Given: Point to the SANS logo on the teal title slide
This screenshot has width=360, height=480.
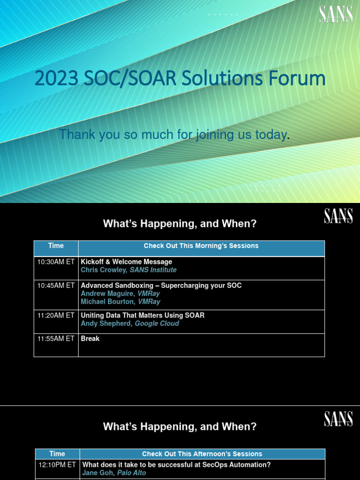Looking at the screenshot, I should coord(336,14).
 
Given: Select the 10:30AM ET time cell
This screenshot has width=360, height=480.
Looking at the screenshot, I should coord(56,262).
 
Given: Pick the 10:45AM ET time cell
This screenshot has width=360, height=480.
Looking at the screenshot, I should coord(56,285).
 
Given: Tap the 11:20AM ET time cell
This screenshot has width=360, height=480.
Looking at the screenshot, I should coord(56,315).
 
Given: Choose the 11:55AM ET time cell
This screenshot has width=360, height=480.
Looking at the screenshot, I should coord(56,338).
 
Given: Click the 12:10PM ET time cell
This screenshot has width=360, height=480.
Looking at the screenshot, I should coord(57,465).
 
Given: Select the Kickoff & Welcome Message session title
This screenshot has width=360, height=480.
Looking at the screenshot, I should coord(126,262).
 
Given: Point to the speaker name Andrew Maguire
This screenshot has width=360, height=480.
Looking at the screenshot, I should coord(107,293).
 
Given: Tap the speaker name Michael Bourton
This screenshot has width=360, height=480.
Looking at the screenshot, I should coord(107,301).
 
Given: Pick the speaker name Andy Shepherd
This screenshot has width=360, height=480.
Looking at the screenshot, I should coord(105,323).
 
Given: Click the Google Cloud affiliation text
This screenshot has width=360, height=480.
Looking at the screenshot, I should coord(157,323).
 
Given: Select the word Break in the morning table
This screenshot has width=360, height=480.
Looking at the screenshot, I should coord(90,338).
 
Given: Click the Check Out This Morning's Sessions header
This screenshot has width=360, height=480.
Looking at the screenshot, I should coord(201,246).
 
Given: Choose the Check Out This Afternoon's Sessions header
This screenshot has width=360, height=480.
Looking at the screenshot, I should coord(202,454).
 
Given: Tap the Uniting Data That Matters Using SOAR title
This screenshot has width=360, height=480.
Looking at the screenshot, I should coord(142,315).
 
